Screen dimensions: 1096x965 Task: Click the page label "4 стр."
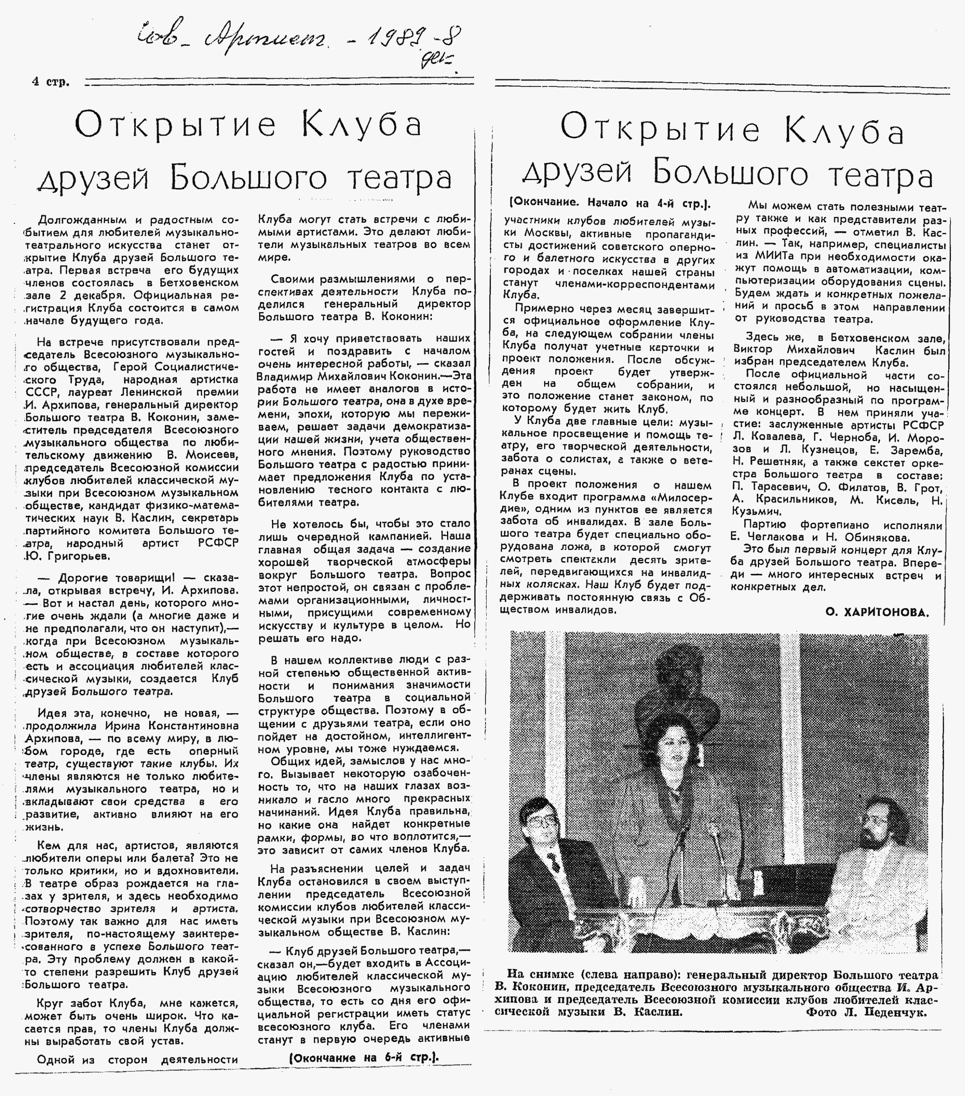[x=51, y=82]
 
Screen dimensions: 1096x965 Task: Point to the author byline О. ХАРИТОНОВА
[x=877, y=612]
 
